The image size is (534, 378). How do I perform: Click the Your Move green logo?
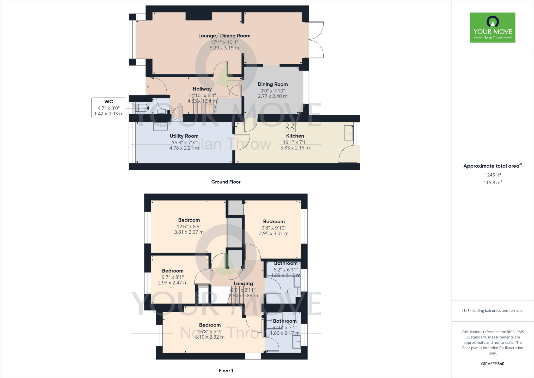tap(493, 27)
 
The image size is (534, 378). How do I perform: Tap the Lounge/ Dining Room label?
tap(224, 36)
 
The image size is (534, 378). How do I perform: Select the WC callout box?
tap(109, 108)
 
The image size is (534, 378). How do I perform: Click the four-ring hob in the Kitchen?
tap(289, 127)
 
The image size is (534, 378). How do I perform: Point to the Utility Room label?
tap(184, 136)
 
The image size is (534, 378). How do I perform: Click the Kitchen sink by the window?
tap(349, 133)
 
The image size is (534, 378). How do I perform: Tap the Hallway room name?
tap(202, 89)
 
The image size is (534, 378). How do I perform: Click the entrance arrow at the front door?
tap(147, 86)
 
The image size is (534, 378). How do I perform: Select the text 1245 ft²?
tap(493, 175)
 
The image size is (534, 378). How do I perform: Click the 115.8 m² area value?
tap(493, 182)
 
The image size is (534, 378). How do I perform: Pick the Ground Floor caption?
tap(226, 182)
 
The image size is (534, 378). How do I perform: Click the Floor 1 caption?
tap(226, 371)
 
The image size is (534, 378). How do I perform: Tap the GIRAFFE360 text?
tap(493, 364)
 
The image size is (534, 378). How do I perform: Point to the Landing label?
tap(243, 284)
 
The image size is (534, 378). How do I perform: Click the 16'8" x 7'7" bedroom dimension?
tap(210, 332)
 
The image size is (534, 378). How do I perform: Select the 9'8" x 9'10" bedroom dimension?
tap(274, 228)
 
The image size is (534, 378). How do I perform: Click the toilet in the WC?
tap(142, 108)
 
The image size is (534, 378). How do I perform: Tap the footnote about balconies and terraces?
tap(493, 311)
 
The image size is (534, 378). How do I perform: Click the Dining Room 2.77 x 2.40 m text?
tap(273, 96)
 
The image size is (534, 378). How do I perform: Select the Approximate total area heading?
tap(491, 166)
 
